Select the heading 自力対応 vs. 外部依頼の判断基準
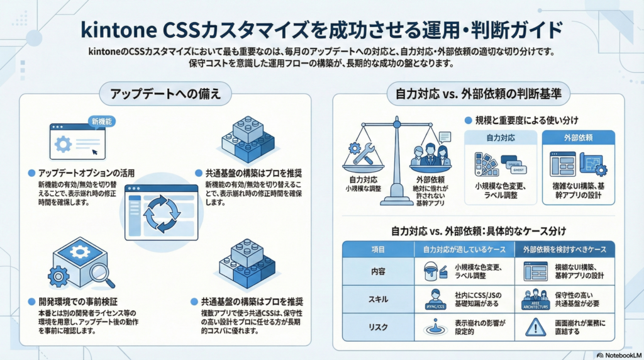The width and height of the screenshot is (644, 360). [x=478, y=94]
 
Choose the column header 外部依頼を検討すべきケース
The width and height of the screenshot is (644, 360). [x=565, y=249]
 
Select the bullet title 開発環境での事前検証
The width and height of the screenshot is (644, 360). [x=81, y=301]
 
